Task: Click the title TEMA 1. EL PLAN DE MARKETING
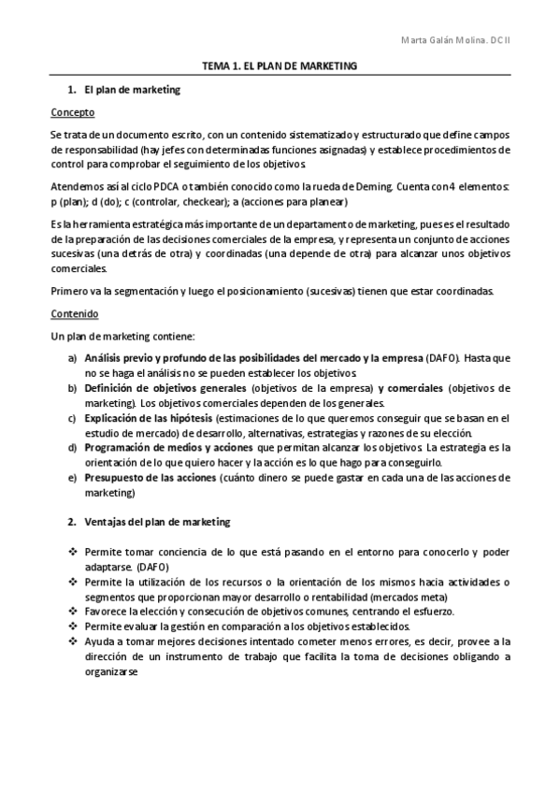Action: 280,67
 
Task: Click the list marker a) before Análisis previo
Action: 72,358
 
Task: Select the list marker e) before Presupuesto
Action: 72,477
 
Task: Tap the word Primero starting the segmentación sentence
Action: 69,291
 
